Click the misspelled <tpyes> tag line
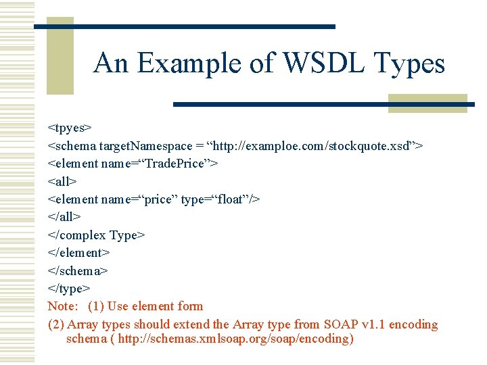pyautogui.click(x=70, y=127)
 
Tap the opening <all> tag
pyautogui.click(x=62, y=181)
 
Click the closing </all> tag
pyautogui.click(x=64, y=217)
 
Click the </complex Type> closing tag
pyautogui.click(x=96, y=235)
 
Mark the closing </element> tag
pyautogui.click(x=78, y=253)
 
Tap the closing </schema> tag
pyautogui.click(x=78, y=270)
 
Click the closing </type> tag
pyautogui.click(x=68, y=289)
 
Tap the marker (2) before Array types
pyautogui.click(x=55, y=324)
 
